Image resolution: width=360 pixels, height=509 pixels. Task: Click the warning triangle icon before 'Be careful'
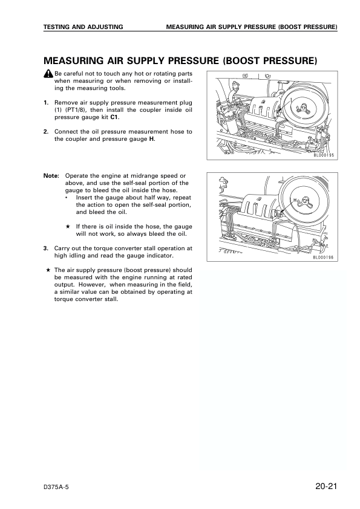[48, 73]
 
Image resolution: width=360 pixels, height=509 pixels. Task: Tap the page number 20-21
[326, 486]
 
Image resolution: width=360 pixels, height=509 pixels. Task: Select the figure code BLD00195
[324, 155]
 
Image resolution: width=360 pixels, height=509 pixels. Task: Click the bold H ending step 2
[152, 139]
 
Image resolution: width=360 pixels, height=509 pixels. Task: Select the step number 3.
[46, 248]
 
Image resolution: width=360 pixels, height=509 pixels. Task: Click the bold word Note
[51, 175]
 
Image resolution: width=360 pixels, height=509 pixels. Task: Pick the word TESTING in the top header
[61, 27]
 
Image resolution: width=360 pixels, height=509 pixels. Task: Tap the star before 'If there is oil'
[68, 226]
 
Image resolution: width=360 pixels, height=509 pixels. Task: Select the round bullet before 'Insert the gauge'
[67, 197]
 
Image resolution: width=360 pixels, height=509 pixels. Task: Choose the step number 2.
[46, 131]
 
